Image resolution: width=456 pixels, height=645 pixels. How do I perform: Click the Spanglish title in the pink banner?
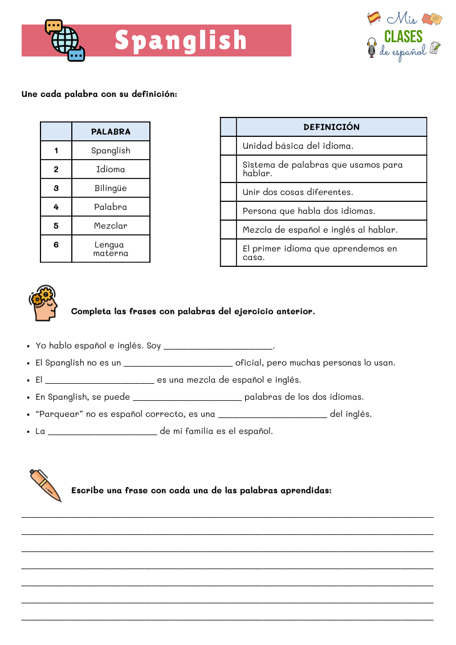tap(181, 40)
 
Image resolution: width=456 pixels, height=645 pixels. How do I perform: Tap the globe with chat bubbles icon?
tap(64, 40)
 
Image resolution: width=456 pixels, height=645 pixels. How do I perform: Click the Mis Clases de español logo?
tap(404, 35)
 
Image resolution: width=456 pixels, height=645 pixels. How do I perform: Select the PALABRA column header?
tap(111, 132)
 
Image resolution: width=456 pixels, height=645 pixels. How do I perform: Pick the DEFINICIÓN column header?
tap(331, 127)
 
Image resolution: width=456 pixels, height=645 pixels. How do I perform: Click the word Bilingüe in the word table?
tap(111, 188)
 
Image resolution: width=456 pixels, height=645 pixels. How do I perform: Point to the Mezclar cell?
tap(111, 226)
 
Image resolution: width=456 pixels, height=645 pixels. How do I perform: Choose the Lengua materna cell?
tap(111, 249)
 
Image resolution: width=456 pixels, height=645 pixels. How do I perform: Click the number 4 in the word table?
tap(56, 207)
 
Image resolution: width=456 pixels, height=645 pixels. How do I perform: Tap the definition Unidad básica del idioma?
tap(298, 146)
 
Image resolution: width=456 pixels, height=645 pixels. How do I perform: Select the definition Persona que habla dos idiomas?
tap(309, 211)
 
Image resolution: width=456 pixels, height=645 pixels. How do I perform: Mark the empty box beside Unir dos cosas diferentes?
tap(228, 192)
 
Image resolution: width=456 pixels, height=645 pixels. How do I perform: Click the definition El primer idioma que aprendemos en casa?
tap(320, 253)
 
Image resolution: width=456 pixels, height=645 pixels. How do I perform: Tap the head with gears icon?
tap(44, 303)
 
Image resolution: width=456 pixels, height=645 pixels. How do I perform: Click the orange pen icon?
tap(45, 485)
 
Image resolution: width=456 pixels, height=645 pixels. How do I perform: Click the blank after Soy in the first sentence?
tap(218, 346)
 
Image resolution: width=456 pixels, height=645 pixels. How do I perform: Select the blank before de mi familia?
tap(103, 431)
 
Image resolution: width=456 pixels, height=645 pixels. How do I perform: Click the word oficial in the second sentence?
tap(249, 363)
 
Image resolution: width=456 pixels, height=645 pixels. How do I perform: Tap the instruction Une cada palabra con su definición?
tap(99, 94)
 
